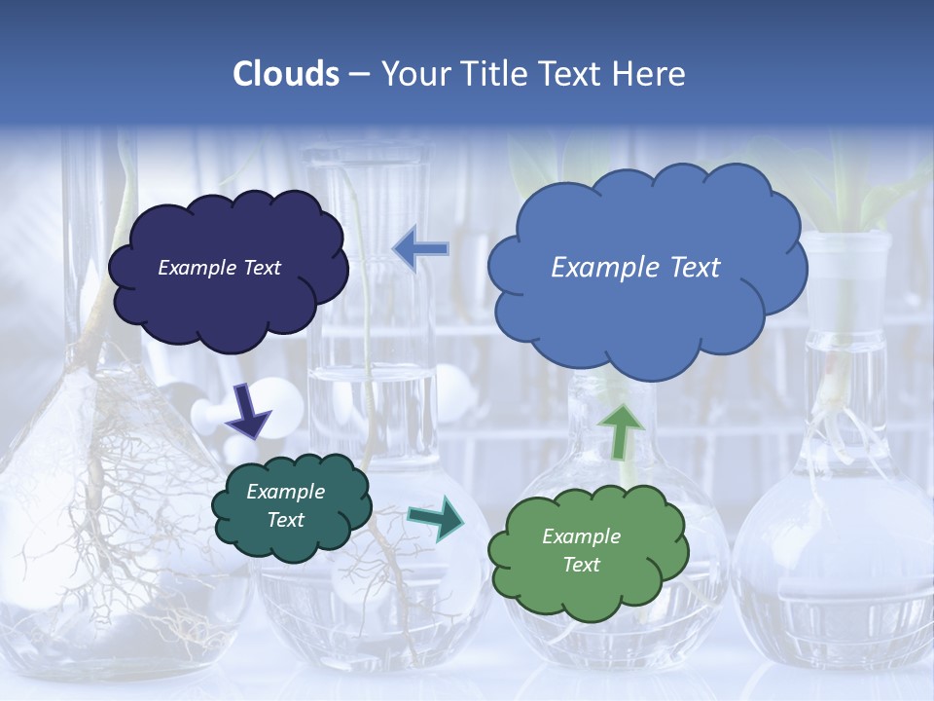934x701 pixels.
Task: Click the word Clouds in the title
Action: coord(286,74)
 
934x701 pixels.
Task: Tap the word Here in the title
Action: coord(650,74)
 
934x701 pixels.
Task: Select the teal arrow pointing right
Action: coord(438,518)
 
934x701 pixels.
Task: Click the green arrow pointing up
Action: coord(621,430)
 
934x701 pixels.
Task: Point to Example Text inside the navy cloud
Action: coord(219,268)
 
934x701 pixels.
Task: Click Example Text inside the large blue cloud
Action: coord(635,268)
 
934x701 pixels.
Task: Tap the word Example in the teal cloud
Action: coord(285,492)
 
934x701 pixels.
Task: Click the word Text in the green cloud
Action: coord(581,565)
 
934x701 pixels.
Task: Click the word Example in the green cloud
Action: coord(581,536)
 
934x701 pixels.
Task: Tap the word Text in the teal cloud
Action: coord(285,520)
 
